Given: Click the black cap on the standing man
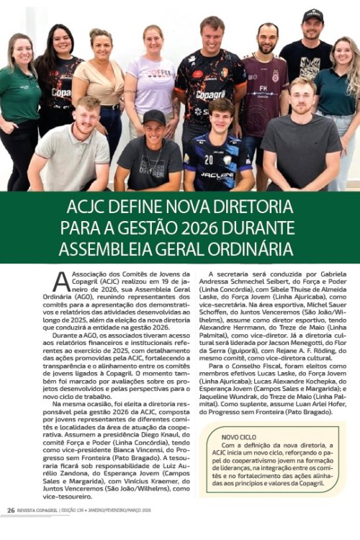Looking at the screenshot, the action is point(313,14).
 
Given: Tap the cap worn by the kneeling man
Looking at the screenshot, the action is point(153,115).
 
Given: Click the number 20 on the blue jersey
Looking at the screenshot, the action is point(208,159).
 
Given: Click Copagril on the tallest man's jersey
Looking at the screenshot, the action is point(211,94).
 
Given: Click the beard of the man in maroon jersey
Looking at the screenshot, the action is point(266,50).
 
